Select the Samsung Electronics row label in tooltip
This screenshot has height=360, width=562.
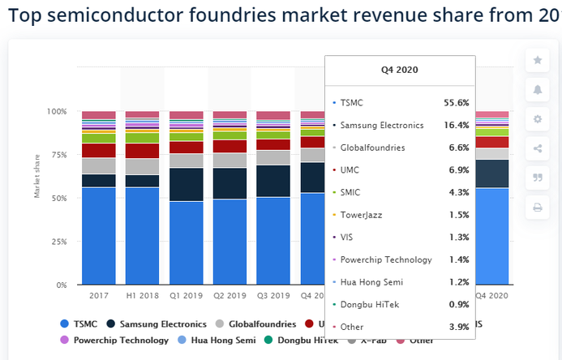tap(381, 126)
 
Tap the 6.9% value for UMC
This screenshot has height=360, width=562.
tap(459, 170)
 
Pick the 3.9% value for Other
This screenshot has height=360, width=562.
tap(459, 326)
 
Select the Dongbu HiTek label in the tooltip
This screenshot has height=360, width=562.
tap(369, 304)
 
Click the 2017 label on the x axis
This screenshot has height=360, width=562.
tap(99, 296)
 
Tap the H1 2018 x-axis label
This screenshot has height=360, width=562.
tap(143, 296)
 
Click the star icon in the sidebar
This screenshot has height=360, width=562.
tap(537, 60)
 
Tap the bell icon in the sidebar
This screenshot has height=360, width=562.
tap(537, 89)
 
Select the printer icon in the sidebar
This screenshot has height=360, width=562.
tap(537, 208)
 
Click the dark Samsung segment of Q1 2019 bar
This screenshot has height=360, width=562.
tap(187, 184)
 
